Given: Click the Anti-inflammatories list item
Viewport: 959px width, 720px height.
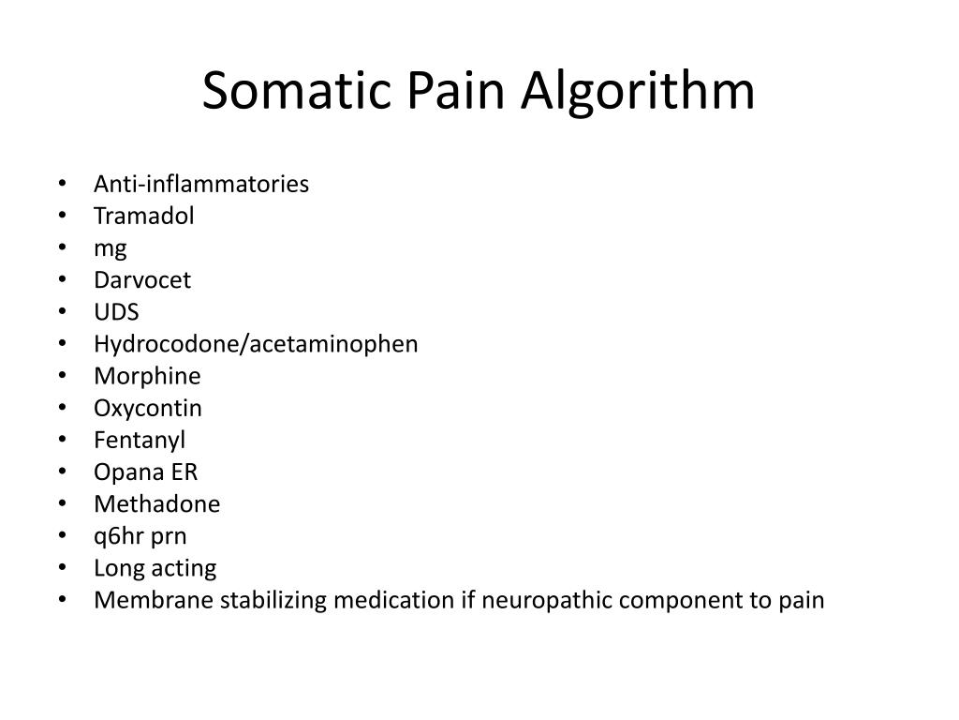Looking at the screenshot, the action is pyautogui.click(x=200, y=184).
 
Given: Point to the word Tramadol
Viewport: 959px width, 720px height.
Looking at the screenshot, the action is pyautogui.click(x=143, y=216).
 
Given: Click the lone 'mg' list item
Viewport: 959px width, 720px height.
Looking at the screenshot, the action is pyautogui.click(x=110, y=248).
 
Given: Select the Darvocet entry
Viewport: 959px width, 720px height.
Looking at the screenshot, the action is pyautogui.click(x=141, y=279).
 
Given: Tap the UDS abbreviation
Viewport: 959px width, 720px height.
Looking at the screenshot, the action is pyautogui.click(x=116, y=312).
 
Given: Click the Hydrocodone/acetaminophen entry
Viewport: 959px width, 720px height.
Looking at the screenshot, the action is pyautogui.click(x=256, y=344).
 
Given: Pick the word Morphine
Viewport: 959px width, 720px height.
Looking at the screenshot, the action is pyautogui.click(x=147, y=376).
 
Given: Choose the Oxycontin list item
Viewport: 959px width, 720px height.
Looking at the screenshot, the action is pyautogui.click(x=147, y=408).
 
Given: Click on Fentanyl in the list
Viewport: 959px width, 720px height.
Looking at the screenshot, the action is pyautogui.click(x=140, y=440).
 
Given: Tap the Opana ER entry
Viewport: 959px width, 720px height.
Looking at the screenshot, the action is pyautogui.click(x=145, y=472).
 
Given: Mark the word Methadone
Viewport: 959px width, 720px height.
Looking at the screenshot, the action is pyautogui.click(x=156, y=503).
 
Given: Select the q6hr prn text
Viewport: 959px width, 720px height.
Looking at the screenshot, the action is pyautogui.click(x=140, y=536).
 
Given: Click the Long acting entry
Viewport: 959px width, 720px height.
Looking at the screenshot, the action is pyautogui.click(x=155, y=568).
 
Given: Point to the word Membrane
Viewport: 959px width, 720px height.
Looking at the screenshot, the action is pyautogui.click(x=154, y=600).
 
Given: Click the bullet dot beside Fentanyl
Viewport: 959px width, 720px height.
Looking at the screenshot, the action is pyautogui.click(x=62, y=440).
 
